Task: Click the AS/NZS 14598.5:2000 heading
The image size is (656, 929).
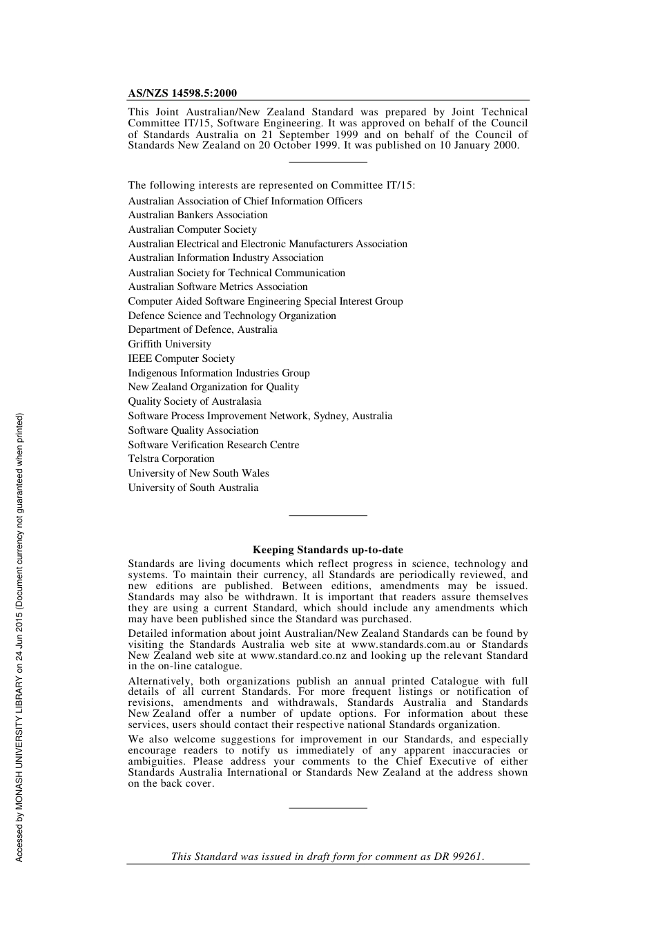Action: pos(182,93)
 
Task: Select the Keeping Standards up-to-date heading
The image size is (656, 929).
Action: pos(327,550)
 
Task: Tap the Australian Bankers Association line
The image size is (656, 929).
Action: pos(197,215)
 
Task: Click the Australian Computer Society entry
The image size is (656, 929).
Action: pos(192,229)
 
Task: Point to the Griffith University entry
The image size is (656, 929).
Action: pos(169,344)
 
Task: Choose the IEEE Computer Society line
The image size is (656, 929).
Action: pos(181,358)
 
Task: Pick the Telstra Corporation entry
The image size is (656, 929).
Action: pos(171,459)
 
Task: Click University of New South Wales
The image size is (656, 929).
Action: pos(198,473)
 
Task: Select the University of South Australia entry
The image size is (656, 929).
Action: pos(193,488)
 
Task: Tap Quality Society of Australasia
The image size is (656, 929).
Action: pos(194,401)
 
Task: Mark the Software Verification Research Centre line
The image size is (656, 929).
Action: pos(213,445)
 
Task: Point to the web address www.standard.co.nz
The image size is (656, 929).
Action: pos(298,655)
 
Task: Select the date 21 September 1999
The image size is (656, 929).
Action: pos(309,135)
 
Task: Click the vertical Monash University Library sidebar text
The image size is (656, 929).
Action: pos(19,637)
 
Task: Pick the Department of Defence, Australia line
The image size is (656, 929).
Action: pos(202,329)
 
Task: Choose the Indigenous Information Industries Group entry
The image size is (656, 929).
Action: pos(218,373)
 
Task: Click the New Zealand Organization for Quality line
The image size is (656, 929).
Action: pos(213,387)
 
